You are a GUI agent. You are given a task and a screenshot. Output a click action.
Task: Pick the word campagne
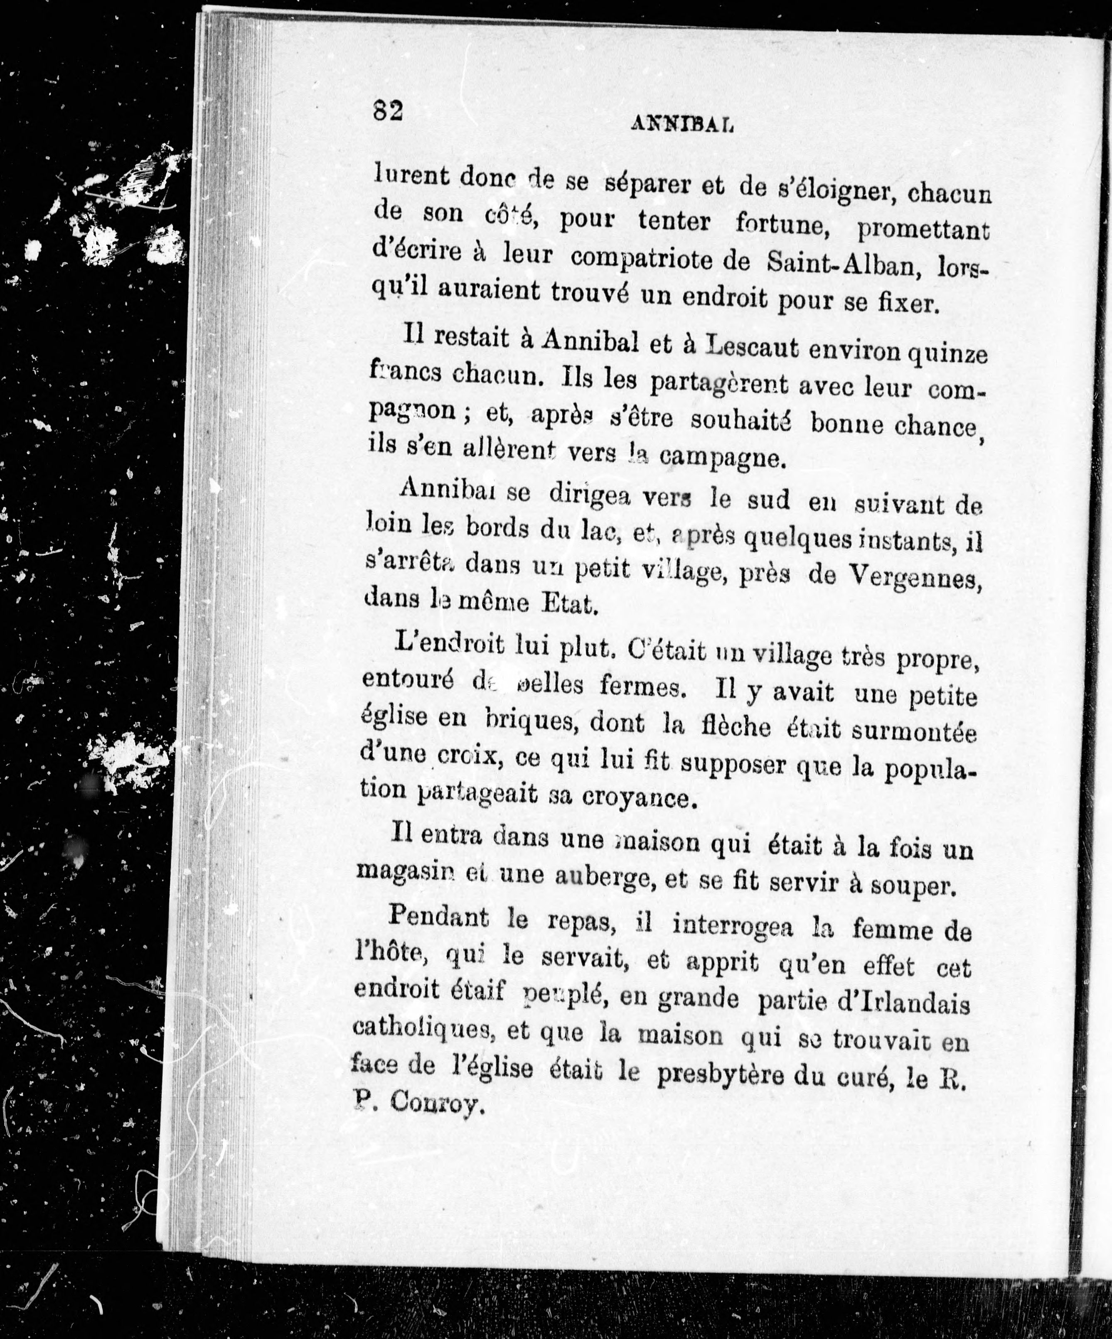(721, 458)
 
